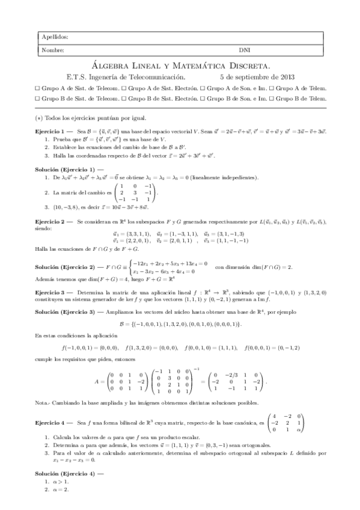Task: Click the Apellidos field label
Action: coord(52,37)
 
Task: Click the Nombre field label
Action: coord(50,50)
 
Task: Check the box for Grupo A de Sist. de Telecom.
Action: coord(37,87)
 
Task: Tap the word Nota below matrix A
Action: coord(41,402)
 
